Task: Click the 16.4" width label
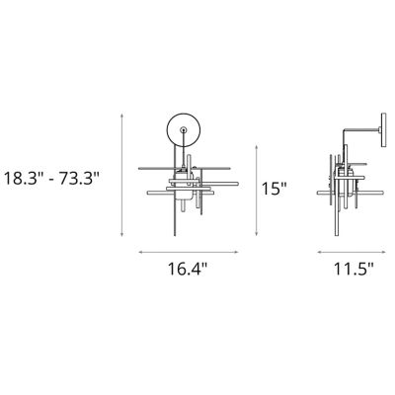188,269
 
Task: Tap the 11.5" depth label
355,269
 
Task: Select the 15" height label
275,189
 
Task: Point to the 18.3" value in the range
24,179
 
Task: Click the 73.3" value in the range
79,179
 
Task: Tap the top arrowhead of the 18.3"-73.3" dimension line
122,116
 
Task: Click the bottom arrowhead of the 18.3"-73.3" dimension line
122,234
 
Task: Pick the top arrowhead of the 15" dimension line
257,146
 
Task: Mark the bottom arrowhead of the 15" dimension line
257,234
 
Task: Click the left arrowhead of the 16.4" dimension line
140,253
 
